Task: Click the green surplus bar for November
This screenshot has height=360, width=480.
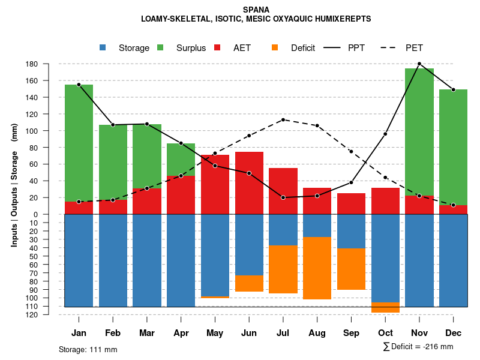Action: [419, 132]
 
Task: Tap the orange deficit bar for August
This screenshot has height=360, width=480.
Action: [317, 268]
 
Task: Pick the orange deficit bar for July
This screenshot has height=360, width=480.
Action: [283, 269]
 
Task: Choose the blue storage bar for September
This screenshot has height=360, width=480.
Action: [351, 231]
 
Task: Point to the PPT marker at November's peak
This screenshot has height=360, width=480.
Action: [419, 64]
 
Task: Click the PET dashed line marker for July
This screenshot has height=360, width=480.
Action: [283, 119]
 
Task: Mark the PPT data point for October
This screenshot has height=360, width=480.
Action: [385, 134]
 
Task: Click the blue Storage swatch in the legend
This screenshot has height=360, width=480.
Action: [103, 47]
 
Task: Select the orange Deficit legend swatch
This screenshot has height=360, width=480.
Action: [275, 47]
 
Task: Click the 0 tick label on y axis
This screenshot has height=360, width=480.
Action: [36, 214]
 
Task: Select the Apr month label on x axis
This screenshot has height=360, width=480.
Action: [181, 333]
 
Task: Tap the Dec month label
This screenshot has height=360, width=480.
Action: [453, 333]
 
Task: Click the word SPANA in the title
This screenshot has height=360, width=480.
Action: [256, 10]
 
